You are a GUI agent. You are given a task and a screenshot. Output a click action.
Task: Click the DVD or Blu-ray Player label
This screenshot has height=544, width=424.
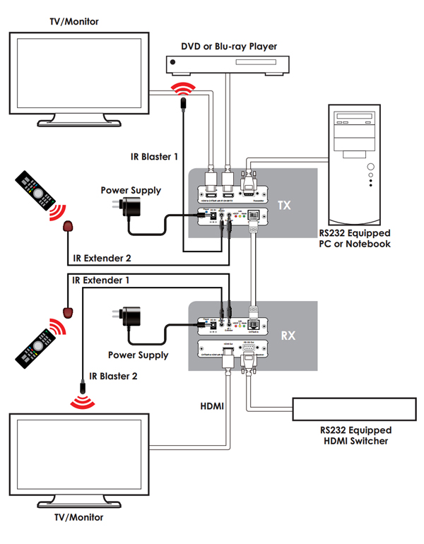pos(229,47)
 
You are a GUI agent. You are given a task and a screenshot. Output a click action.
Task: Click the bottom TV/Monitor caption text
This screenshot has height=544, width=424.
pos(78,517)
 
